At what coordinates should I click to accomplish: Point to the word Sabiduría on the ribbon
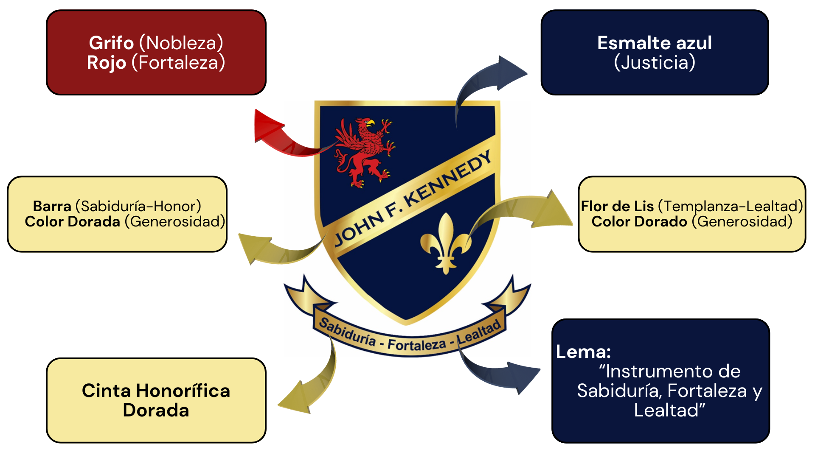(347, 332)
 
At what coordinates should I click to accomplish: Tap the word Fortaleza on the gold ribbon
(416, 345)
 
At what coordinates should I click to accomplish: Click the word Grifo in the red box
(111, 43)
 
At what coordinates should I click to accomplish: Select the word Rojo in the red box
(107, 63)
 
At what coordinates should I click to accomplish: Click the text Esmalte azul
(654, 43)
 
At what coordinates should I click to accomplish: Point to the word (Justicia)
(654, 63)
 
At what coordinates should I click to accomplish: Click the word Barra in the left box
(52, 206)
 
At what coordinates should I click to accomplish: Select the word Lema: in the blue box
(583, 352)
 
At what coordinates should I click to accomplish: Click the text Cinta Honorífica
(156, 391)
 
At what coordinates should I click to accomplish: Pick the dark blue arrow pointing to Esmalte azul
(488, 78)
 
